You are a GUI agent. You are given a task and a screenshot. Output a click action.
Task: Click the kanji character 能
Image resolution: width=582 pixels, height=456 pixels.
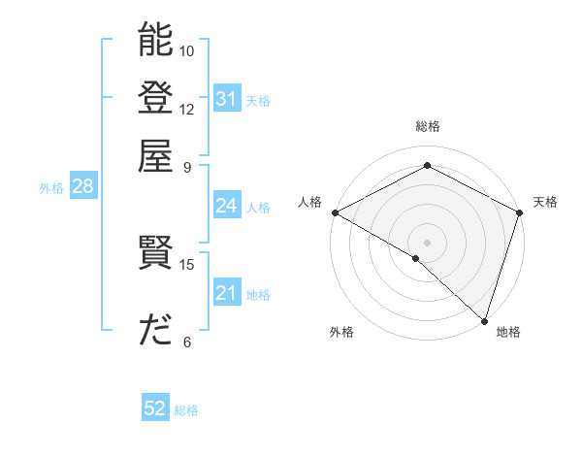155,40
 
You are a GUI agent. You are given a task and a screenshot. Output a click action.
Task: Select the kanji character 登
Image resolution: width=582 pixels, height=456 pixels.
155,98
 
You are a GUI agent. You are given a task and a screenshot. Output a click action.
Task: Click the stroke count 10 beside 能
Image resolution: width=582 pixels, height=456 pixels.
187,50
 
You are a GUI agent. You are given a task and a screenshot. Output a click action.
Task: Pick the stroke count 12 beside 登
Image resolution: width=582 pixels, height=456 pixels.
187,109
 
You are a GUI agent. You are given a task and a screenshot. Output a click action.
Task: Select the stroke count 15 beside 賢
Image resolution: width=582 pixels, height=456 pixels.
187,264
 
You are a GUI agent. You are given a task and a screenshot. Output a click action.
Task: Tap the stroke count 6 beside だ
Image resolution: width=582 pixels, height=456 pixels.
187,342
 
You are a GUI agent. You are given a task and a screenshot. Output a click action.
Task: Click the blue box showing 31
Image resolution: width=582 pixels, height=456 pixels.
226,99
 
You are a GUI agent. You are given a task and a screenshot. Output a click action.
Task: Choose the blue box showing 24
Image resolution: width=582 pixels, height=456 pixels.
226,206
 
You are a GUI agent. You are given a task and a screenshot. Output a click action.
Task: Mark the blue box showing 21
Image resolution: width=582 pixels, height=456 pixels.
226,293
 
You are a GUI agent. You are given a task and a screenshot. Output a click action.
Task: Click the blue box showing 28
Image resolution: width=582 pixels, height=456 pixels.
82,186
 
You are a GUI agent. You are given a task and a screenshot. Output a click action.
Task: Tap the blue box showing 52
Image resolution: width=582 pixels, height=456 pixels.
155,408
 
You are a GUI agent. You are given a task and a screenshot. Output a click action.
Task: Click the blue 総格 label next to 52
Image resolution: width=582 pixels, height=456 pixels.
186,410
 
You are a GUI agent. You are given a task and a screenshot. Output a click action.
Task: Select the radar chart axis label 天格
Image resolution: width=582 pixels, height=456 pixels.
545,202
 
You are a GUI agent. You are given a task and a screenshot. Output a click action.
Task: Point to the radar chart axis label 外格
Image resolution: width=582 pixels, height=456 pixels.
341,333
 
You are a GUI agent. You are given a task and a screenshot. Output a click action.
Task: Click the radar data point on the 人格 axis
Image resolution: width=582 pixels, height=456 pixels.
335,212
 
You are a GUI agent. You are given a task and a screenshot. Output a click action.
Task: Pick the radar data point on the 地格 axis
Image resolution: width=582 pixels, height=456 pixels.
484,320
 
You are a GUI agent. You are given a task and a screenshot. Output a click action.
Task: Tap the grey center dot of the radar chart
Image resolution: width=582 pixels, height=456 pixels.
427,242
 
